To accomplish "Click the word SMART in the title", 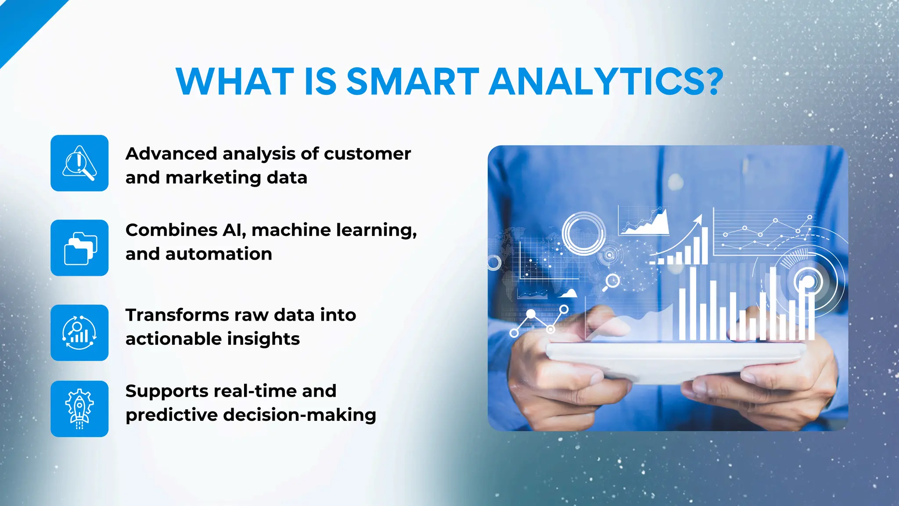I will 413,82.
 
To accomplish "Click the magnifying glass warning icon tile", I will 79,163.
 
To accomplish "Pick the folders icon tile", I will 79,248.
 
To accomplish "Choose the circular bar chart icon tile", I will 79,333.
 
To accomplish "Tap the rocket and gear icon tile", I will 79,408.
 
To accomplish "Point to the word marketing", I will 213,178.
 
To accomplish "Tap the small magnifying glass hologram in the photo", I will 612,281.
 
